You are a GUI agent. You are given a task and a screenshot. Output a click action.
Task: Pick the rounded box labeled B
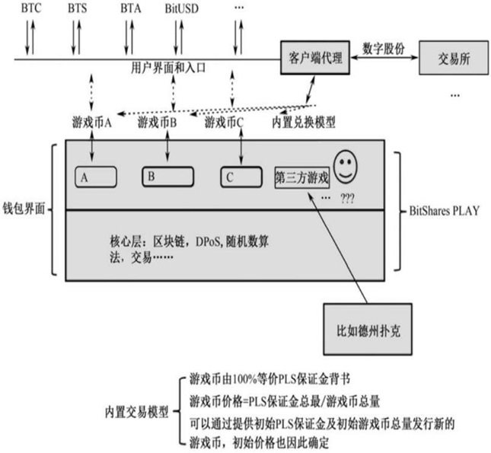[x=167, y=177]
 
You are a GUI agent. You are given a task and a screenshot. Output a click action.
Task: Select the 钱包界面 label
[x=24, y=209]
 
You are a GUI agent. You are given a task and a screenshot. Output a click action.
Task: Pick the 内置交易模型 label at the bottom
[x=136, y=412]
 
